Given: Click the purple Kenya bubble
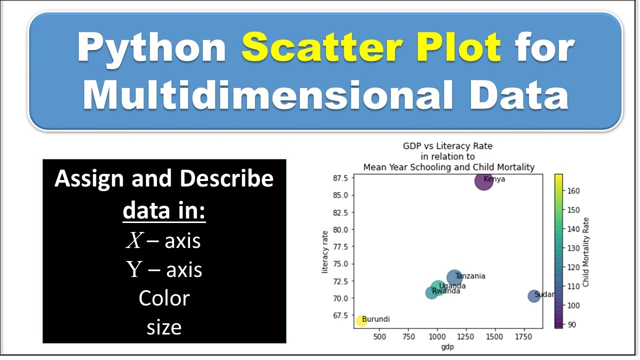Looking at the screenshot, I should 483,181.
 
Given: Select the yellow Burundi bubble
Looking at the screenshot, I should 361,321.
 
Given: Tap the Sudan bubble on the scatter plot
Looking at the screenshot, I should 534,296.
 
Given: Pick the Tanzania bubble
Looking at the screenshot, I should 454,277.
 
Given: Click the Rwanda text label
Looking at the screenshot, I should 446,291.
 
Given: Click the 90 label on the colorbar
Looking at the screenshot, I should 571,324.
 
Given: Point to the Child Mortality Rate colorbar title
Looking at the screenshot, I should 586,252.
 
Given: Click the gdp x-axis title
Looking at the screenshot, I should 446,346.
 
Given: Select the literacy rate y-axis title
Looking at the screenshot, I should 325,252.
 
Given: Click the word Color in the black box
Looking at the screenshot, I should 164,298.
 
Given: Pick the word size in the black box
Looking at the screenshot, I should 164,327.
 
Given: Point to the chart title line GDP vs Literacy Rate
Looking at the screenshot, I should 447,146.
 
